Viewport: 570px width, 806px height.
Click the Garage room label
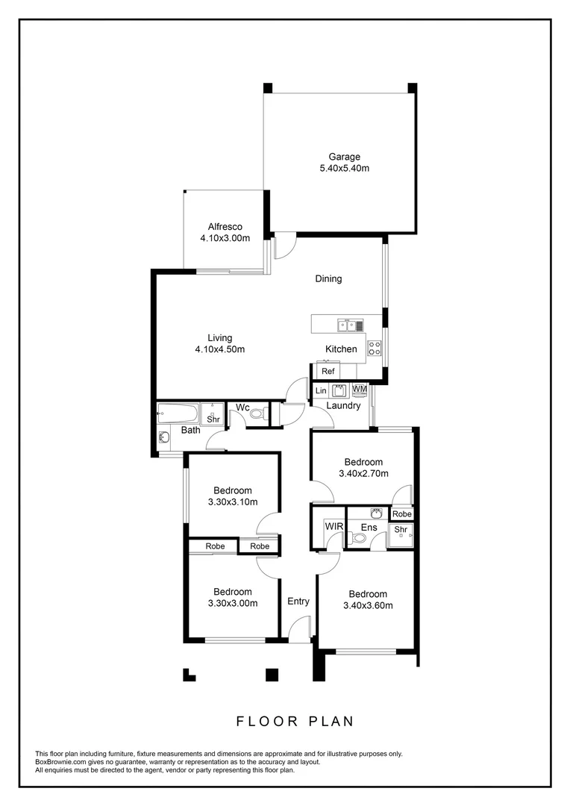[x=344, y=157]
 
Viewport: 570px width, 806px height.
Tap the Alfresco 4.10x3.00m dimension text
[x=225, y=238]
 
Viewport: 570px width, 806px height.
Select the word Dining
[x=328, y=279]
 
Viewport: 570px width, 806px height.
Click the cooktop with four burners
[x=375, y=347]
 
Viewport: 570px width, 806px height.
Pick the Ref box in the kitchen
[x=328, y=371]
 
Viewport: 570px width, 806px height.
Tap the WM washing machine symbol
[x=360, y=390]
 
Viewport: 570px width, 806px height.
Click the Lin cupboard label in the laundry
[x=321, y=390]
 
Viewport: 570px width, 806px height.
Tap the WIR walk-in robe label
[x=333, y=527]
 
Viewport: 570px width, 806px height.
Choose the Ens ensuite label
[x=368, y=528]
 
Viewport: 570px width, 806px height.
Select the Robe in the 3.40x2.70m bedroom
[x=401, y=514]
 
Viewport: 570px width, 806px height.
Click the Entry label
[x=298, y=602]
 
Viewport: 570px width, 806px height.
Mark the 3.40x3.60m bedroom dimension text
[x=368, y=605]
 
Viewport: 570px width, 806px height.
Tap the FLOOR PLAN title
[x=295, y=721]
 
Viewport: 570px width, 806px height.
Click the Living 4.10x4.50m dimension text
[x=219, y=349]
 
